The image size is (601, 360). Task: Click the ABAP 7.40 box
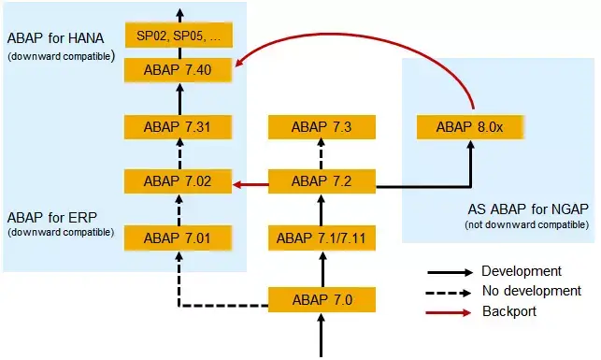point(179,69)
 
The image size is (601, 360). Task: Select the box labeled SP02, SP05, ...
point(179,36)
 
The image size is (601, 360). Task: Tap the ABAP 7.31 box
point(179,127)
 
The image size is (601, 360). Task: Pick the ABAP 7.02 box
point(179,182)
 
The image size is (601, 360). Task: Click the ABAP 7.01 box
point(179,238)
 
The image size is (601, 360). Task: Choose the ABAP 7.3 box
point(322,127)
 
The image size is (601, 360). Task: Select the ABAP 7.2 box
point(322,182)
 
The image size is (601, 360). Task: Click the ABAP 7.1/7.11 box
point(322,238)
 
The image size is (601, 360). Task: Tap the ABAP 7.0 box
point(322,300)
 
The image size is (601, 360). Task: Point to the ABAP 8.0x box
point(471,127)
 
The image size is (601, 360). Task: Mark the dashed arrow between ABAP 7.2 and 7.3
point(322,154)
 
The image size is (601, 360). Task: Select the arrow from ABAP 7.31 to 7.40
point(179,98)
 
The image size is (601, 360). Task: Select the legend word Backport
point(508,311)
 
